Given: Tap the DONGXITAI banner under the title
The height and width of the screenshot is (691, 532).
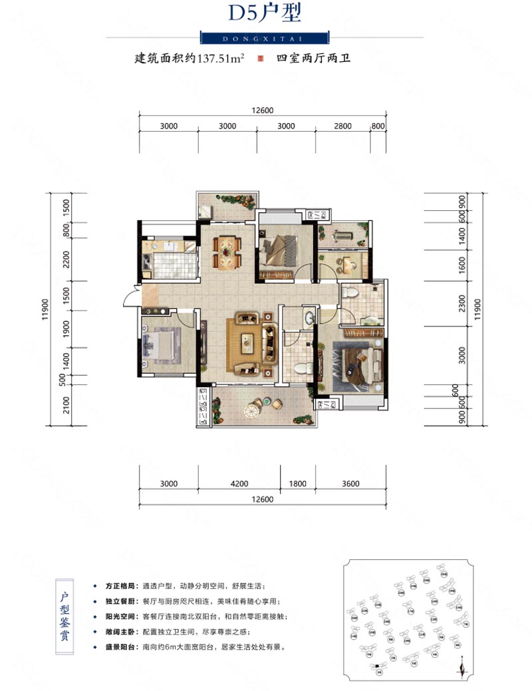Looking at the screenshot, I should click(x=265, y=37).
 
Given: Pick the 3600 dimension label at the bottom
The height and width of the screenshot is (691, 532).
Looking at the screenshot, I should click(x=350, y=484).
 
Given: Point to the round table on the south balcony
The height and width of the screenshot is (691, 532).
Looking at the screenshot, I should click(x=253, y=412).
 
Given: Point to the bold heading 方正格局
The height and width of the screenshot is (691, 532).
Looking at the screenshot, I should click(x=120, y=587).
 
